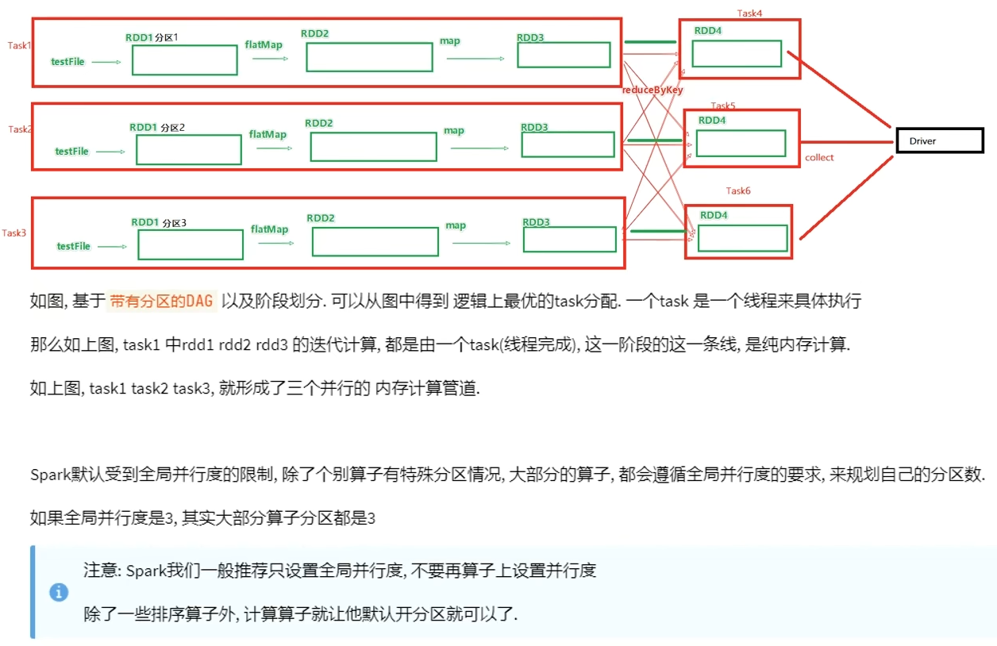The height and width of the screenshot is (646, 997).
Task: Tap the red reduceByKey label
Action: pyautogui.click(x=652, y=90)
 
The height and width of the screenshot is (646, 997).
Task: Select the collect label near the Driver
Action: pyautogui.click(x=819, y=158)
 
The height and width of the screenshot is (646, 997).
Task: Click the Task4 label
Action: pyautogui.click(x=749, y=13)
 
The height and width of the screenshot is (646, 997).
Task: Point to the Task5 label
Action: pyautogui.click(x=723, y=106)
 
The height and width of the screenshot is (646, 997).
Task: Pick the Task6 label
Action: pyautogui.click(x=738, y=190)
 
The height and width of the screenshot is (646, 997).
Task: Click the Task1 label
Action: pyautogui.click(x=19, y=45)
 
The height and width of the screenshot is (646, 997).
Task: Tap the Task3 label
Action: pyautogui.click(x=14, y=233)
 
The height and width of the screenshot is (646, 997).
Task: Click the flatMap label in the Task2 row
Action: pyautogui.click(x=268, y=135)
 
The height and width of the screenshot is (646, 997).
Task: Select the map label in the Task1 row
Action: pyautogui.click(x=450, y=41)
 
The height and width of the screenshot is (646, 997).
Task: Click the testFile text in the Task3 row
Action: pyautogui.click(x=74, y=247)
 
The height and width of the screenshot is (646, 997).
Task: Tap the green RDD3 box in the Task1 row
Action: pyautogui.click(x=564, y=55)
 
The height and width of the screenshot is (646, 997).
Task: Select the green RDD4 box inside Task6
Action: pyautogui.click(x=741, y=238)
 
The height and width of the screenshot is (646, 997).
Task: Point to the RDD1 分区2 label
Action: pyautogui.click(x=157, y=127)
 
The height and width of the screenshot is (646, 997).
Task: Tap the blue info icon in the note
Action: pyautogui.click(x=59, y=592)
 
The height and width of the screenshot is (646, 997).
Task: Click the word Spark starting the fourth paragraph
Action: pyautogui.click(x=51, y=475)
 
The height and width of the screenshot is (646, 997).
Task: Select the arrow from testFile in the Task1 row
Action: pyautogui.click(x=106, y=61)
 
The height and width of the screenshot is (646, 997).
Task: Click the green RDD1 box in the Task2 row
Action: pyautogui.click(x=188, y=149)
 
